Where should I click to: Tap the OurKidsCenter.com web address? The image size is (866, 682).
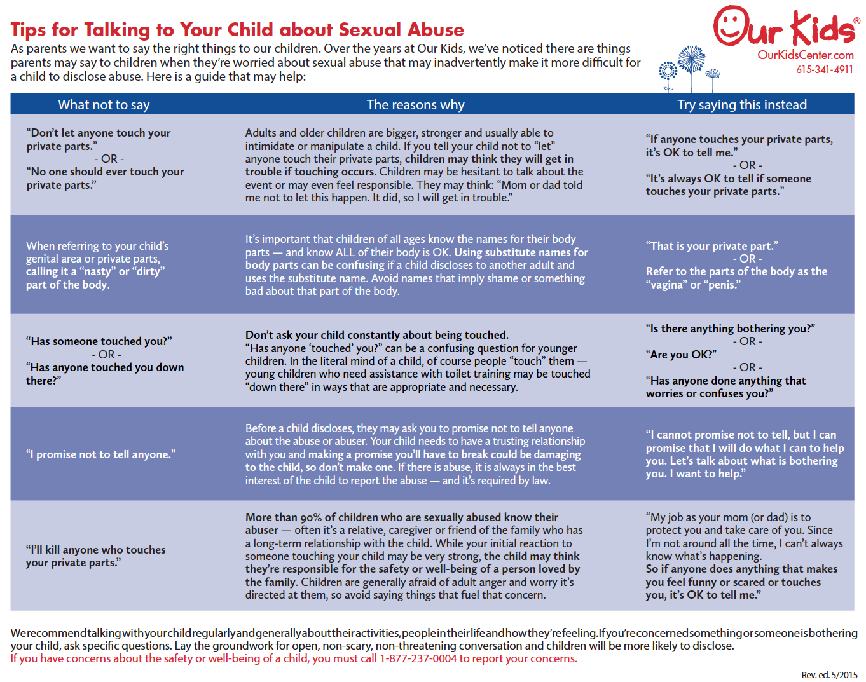[x=805, y=55]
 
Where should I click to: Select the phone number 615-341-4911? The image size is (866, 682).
[x=824, y=69]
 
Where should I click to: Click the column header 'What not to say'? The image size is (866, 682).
[x=104, y=105]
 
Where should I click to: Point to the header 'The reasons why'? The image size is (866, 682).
[x=415, y=105]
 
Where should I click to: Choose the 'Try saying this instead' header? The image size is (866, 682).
[x=741, y=105]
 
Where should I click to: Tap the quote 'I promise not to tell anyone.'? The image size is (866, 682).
[x=100, y=454]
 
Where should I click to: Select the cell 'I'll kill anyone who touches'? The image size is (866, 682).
[x=95, y=550]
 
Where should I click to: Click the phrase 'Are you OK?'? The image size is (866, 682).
[x=681, y=355]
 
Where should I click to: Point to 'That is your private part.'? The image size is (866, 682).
[x=711, y=246]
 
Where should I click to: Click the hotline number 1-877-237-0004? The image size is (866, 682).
[x=418, y=658]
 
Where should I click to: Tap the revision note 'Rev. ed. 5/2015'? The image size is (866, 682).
[x=829, y=675]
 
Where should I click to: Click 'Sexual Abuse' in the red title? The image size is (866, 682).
[x=401, y=30]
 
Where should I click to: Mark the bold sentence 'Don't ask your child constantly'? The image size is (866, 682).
[x=376, y=335]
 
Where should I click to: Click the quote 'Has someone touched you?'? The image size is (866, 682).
[x=99, y=341]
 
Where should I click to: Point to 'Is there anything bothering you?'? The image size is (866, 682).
[x=730, y=329]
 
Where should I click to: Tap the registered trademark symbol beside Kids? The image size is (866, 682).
[x=856, y=21]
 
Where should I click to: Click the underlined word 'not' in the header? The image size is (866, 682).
[x=102, y=105]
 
